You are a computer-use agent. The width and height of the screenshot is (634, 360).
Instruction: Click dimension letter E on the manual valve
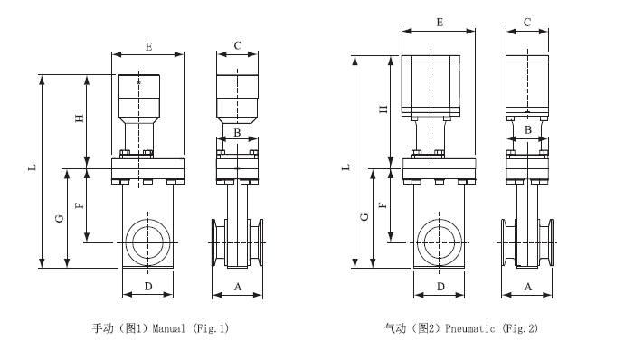pos(148,47)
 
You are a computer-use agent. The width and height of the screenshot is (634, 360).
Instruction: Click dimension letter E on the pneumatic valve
pos(440,23)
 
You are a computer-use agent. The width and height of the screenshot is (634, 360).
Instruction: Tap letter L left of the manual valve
pos(33,166)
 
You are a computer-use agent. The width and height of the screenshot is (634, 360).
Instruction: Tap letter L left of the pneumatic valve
pos(345,167)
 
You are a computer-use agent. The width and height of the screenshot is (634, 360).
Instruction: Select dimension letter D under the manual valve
pos(148,287)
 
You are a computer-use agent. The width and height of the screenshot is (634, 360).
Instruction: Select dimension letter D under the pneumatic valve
pos(440,287)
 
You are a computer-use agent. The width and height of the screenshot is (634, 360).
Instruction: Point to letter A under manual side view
pos(238,287)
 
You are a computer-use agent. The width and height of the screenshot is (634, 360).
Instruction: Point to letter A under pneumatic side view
pos(528,287)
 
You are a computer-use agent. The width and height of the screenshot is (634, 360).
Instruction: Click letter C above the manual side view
pos(238,46)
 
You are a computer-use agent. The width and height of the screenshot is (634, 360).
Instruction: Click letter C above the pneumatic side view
pos(527,23)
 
